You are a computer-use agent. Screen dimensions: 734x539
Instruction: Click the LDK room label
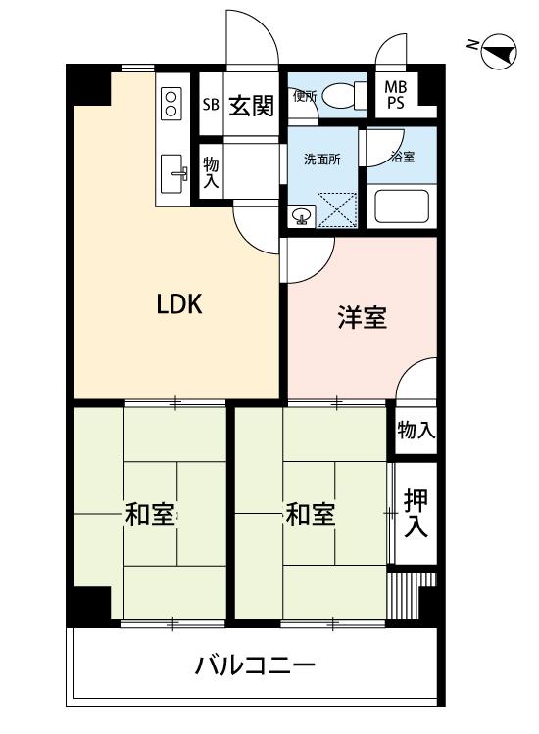coord(179,304)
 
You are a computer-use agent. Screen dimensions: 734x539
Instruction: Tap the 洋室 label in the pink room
coord(362,317)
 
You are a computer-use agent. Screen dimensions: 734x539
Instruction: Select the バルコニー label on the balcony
coord(255,668)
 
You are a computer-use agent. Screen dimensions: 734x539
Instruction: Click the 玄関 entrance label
coord(251,105)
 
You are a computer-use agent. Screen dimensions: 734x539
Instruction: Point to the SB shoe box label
coord(211,105)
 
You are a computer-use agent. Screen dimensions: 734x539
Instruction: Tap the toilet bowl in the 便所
coord(339,95)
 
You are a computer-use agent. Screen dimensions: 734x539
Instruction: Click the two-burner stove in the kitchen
coord(170,103)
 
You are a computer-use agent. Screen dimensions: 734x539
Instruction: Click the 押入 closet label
coord(416,513)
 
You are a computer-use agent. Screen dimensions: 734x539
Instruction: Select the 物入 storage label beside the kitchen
coord(211,173)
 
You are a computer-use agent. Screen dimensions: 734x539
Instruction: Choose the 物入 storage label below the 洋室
coord(416,430)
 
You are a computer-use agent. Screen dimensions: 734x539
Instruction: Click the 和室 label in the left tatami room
coord(150,513)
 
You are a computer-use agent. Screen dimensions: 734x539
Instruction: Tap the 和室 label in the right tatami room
coord(310,513)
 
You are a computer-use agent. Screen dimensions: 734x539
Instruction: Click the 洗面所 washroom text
coord(321,160)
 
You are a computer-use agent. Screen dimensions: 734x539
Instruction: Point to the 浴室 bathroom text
coord(402,157)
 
